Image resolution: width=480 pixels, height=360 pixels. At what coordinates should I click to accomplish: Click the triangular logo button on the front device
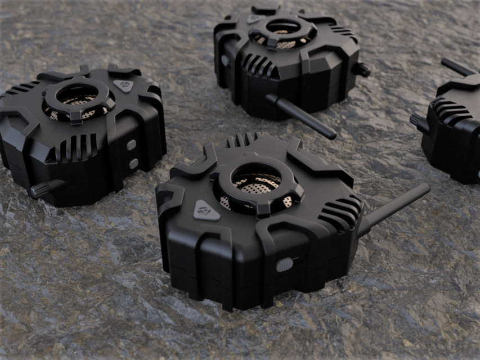206,210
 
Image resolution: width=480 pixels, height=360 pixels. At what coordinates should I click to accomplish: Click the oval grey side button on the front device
285,264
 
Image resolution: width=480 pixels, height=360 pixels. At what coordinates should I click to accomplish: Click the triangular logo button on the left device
123,86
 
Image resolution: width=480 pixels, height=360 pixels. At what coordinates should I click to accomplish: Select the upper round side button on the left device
131,145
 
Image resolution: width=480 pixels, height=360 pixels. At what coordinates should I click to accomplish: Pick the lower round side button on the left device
133,164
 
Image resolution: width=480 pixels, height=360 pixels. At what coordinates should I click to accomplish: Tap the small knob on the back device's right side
361,70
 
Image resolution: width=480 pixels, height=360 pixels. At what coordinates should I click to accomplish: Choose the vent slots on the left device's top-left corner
19,89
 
